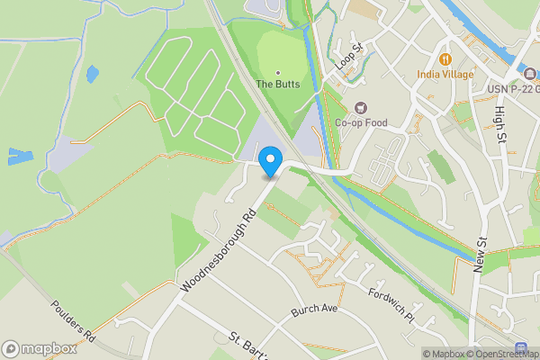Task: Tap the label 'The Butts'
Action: (277, 84)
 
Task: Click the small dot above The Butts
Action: (277, 72)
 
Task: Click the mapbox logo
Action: (38, 349)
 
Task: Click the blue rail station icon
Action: (521, 347)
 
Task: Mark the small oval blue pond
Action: (92, 74)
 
